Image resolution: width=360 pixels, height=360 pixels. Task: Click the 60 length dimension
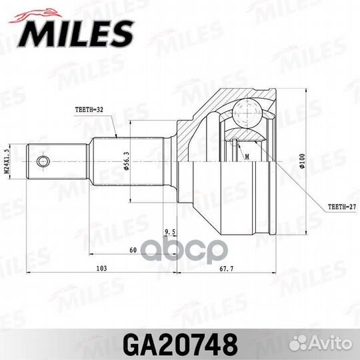133,249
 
